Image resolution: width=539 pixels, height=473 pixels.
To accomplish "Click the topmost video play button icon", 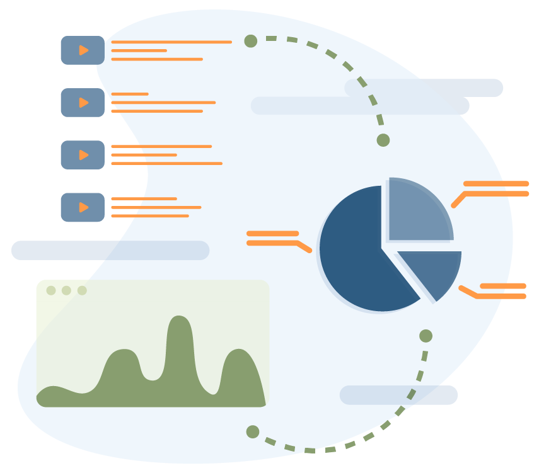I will tap(83, 50).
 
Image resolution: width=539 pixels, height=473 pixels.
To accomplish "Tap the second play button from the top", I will tap(83, 103).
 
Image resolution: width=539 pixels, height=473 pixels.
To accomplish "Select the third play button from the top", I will tap(83, 155).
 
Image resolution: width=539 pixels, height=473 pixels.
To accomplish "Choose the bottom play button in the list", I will tap(83, 207).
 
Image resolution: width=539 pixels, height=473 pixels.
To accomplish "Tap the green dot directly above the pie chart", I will tap(383, 140).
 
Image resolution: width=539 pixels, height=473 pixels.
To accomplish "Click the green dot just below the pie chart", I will tap(426, 336).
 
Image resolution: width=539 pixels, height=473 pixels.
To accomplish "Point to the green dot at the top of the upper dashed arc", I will tap(251, 41).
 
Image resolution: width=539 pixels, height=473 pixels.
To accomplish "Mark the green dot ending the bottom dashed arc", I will tap(253, 431).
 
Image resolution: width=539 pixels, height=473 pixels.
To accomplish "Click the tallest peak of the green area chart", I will tap(180, 321).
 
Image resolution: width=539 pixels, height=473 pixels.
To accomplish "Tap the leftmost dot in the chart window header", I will tap(51, 290).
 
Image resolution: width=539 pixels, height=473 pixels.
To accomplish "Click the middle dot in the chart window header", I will tap(66, 290).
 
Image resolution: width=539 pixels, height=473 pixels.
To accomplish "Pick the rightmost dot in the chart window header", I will tap(82, 290).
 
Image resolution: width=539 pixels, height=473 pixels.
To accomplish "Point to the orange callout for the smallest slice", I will tap(498, 292).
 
